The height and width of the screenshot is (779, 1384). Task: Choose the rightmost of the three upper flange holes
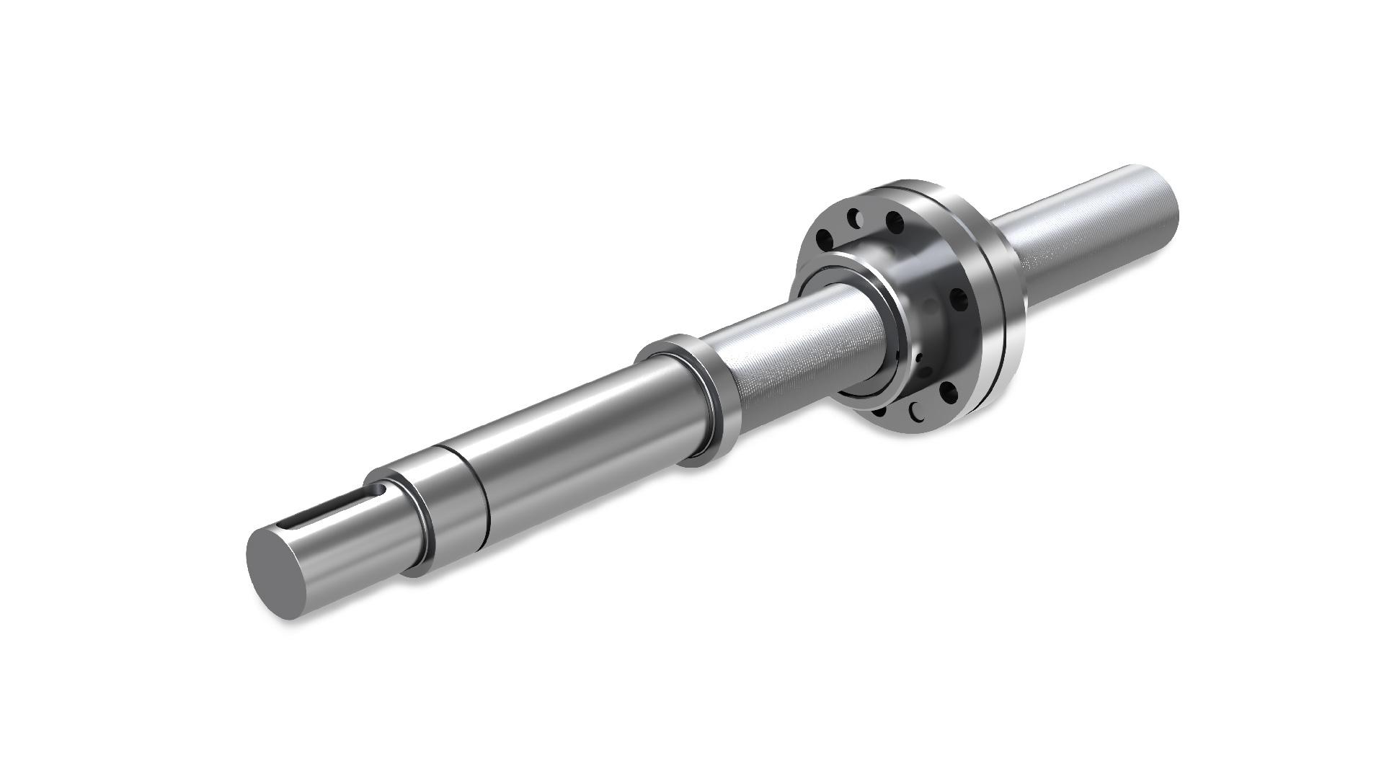point(895,223)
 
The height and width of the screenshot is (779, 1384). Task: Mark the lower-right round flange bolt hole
point(949,393)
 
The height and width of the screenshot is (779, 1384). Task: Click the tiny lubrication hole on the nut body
point(919,357)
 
